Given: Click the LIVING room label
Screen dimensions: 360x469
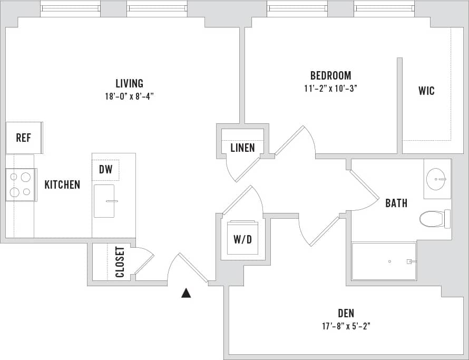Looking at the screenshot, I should (x=129, y=83).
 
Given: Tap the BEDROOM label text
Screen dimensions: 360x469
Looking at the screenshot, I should (x=330, y=75).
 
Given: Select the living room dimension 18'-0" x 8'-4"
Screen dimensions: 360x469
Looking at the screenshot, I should (x=129, y=96).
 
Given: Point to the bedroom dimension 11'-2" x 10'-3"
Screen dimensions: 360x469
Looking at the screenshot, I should (x=330, y=89).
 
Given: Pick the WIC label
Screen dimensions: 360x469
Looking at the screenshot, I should (x=426, y=91).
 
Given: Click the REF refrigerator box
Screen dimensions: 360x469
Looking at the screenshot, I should (x=24, y=138).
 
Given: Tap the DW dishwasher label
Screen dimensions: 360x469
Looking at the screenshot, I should (x=105, y=170).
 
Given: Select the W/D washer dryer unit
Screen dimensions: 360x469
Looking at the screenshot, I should (x=242, y=239).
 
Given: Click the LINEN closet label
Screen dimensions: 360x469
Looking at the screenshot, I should (x=242, y=148).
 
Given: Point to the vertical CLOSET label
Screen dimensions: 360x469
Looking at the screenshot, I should (x=120, y=262).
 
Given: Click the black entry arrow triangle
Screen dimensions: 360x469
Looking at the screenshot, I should (x=186, y=293).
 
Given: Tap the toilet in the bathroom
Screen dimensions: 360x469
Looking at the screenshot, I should (x=434, y=218).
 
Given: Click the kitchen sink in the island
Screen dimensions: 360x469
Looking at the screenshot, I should (x=104, y=201).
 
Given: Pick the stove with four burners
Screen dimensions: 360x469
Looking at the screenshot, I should (x=21, y=184).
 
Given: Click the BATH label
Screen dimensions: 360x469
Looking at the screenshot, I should (x=396, y=203).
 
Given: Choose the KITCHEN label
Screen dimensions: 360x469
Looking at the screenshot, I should (x=62, y=184).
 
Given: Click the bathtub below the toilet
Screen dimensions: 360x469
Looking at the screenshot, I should (x=384, y=261).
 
